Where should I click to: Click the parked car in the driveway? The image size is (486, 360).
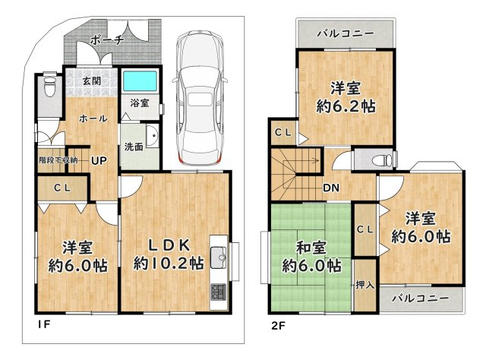200,97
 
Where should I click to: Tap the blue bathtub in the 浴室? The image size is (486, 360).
140,81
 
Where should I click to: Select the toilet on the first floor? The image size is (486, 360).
49,84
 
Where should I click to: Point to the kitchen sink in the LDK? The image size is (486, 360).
219,257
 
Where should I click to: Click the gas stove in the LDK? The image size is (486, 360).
219,292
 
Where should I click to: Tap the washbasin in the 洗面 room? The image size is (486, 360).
152,136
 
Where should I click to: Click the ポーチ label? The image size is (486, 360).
107,40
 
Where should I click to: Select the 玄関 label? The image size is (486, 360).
92,81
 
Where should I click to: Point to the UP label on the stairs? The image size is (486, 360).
99,160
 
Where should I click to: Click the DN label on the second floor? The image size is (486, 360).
331,188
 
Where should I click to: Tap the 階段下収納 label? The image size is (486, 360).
58,160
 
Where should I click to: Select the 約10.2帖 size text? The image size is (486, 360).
169,264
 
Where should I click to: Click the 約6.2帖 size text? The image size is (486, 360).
346,106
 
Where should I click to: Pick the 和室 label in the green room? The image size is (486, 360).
311,248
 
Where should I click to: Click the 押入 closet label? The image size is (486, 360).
365,285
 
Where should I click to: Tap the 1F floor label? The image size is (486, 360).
44,324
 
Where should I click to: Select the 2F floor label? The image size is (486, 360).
278,326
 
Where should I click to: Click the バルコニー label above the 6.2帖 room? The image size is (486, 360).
346,33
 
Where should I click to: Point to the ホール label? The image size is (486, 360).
93,118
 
